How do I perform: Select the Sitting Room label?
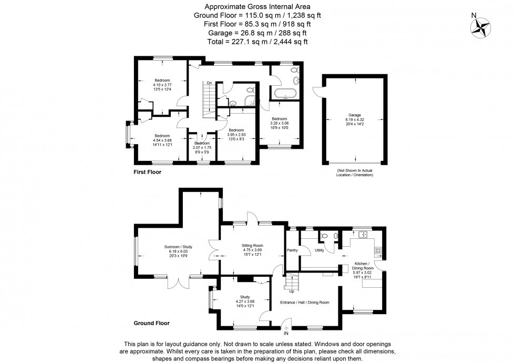252,246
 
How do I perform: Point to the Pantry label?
293,250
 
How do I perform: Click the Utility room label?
319,250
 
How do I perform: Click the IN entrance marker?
286,334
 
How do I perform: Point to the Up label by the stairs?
292,291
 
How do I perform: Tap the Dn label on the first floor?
209,83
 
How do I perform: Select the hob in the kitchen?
378,249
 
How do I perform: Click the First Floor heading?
147,172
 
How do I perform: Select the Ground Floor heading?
151,323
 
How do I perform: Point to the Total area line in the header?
257,42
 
